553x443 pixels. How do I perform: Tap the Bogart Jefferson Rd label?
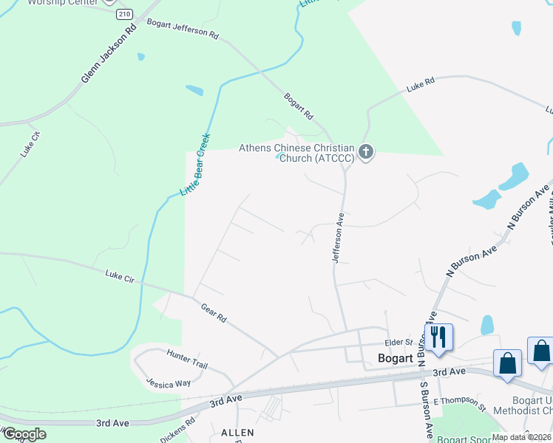click(x=183, y=29)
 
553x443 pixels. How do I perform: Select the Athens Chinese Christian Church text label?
click(x=296, y=153)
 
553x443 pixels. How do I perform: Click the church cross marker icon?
click(x=365, y=153)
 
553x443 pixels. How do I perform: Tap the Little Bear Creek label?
click(x=196, y=165)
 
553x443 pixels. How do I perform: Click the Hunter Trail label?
click(x=187, y=360)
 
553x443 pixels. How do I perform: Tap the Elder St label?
click(x=397, y=343)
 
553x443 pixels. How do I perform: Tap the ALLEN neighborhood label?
click(x=237, y=432)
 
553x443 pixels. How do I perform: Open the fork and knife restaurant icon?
click(x=438, y=337)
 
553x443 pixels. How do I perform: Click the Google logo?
click(x=24, y=434)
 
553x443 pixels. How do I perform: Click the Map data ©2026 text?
click(x=521, y=437)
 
